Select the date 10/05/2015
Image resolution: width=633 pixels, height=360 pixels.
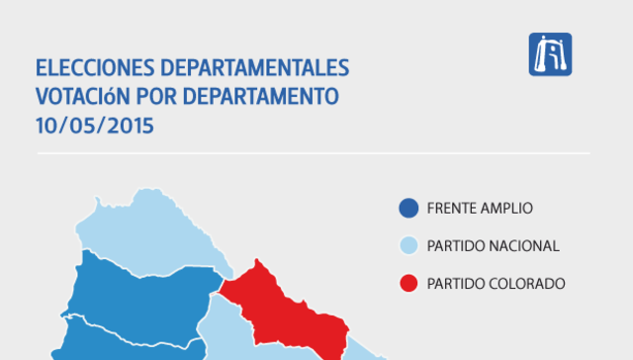[x=96, y=127]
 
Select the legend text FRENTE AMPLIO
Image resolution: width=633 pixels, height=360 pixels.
[x=480, y=209]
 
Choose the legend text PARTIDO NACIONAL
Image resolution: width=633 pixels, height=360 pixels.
[x=494, y=246]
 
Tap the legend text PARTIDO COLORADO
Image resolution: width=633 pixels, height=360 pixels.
[x=497, y=284]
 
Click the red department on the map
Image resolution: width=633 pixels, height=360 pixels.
[x=287, y=307]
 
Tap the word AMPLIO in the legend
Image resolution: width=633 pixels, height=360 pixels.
[x=508, y=209]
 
